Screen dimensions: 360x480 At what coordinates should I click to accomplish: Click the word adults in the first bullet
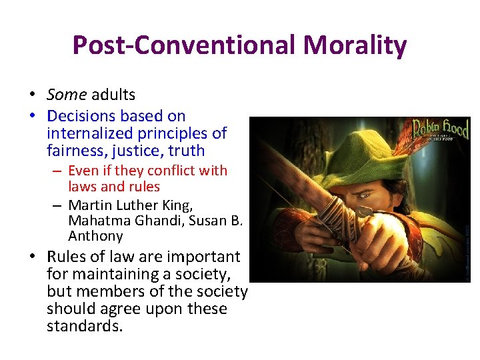[113, 95]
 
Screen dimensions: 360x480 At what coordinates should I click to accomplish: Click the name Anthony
[95, 236]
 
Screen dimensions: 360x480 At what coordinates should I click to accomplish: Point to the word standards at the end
[85, 327]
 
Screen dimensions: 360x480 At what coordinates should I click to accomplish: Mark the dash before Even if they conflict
[59, 171]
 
